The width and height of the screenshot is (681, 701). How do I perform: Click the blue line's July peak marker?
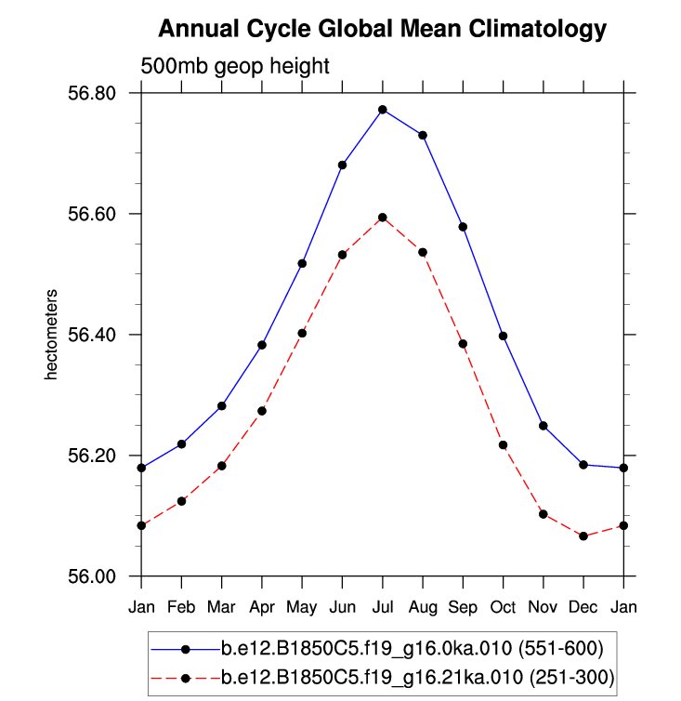coord(383,110)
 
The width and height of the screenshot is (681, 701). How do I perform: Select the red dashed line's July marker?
coord(383,218)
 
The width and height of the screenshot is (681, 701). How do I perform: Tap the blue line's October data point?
coord(504,336)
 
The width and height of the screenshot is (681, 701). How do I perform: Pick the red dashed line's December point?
coord(583,536)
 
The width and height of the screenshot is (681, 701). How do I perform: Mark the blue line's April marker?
coord(262,345)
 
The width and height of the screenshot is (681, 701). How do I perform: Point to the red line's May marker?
coord(302,333)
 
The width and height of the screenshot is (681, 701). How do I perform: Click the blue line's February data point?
coord(181,444)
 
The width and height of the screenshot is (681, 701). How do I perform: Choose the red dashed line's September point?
coord(463,344)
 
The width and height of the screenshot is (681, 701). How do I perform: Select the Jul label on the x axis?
coord(383,608)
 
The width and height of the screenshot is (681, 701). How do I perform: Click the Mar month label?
coord(221,608)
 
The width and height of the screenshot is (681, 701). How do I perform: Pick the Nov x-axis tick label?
coord(543,608)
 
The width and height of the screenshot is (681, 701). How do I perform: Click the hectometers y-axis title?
coord(53,335)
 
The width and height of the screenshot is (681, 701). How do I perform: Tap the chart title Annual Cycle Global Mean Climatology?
coord(382,30)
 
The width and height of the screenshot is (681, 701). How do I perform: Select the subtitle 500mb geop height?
coord(235,66)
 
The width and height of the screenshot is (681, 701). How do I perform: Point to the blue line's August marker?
coord(423,136)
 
